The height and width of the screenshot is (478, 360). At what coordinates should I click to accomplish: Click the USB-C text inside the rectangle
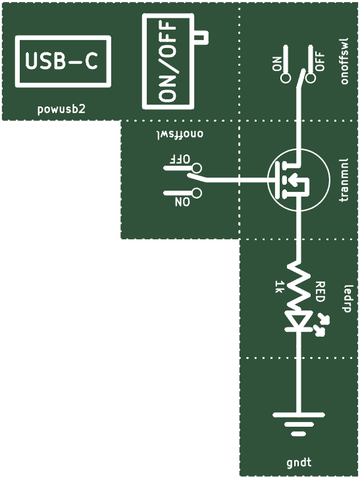click(x=62, y=61)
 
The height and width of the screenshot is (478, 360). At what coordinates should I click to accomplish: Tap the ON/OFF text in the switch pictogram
click(x=168, y=61)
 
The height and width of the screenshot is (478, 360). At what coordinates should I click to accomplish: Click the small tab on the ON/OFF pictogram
click(x=201, y=37)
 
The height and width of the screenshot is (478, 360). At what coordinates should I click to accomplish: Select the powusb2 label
click(x=61, y=109)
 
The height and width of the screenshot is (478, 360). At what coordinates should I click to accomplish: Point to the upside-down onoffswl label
click(x=180, y=134)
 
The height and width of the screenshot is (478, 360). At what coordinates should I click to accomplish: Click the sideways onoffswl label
click(x=344, y=60)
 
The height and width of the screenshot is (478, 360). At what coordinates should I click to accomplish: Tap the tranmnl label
click(x=344, y=180)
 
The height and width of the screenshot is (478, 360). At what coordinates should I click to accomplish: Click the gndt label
click(x=299, y=463)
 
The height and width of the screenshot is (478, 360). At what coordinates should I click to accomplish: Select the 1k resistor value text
click(x=279, y=287)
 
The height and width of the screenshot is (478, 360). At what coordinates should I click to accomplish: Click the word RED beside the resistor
click(x=320, y=292)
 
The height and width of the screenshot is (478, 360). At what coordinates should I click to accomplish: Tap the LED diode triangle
click(x=299, y=321)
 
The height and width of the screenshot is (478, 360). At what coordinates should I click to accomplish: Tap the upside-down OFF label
click(x=180, y=159)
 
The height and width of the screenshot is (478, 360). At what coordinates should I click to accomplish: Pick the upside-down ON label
click(x=182, y=202)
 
